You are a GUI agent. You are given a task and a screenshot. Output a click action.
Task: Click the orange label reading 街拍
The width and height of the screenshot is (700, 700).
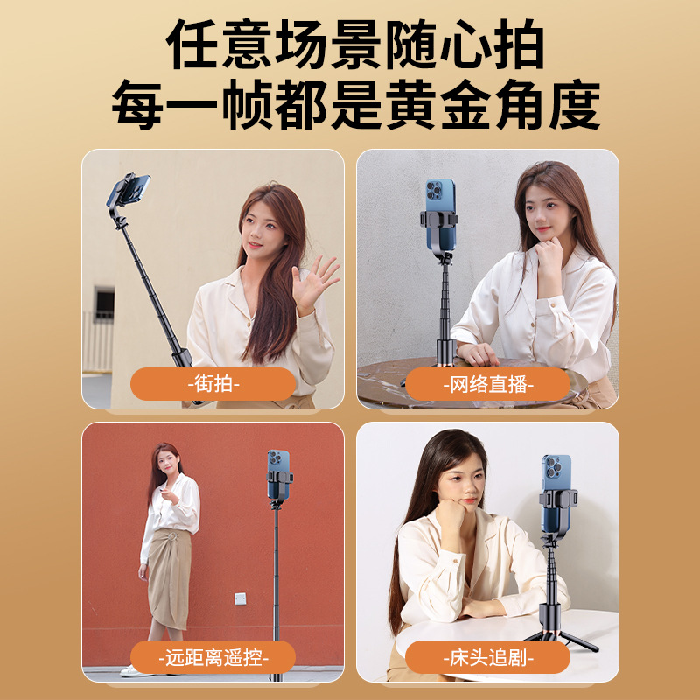tap(213, 384)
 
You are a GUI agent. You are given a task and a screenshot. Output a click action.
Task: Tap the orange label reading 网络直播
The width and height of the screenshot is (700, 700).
tap(488, 384)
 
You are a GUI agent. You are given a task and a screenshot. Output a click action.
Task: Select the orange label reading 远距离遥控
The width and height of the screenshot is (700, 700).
tap(213, 657)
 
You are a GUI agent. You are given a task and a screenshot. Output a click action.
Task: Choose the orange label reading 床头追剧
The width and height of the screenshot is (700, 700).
tap(488, 657)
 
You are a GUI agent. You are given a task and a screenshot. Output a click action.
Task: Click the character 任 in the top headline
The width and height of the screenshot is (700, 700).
tap(192, 44)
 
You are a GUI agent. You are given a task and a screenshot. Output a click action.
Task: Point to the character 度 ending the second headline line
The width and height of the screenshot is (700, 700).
tap(575, 104)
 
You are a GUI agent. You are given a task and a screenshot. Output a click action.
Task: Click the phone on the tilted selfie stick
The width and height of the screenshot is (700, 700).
tap(128, 189)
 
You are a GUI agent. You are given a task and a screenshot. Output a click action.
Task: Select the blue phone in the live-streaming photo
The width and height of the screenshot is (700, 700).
tap(440, 214)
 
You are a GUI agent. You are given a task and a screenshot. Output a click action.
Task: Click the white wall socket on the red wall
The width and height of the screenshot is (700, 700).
tap(241, 598)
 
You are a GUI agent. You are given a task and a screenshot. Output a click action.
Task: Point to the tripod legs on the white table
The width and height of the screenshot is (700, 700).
tap(562, 636)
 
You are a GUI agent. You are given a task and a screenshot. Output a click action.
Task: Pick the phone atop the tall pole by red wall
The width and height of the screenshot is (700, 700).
tap(278, 474)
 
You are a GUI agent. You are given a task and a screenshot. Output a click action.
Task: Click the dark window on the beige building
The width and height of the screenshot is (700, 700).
tap(104, 304)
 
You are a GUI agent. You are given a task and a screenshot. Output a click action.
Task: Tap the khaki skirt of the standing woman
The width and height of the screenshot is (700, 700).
tap(170, 578)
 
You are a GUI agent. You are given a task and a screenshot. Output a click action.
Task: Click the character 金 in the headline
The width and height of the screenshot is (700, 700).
tap(465, 104)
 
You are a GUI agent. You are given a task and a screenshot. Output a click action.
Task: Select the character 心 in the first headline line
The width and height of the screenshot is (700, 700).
tap(465, 44)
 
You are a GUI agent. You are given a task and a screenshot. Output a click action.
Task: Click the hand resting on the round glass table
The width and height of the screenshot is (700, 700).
tap(478, 354)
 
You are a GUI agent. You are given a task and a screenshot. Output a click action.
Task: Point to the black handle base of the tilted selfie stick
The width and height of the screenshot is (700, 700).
tap(182, 357)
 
